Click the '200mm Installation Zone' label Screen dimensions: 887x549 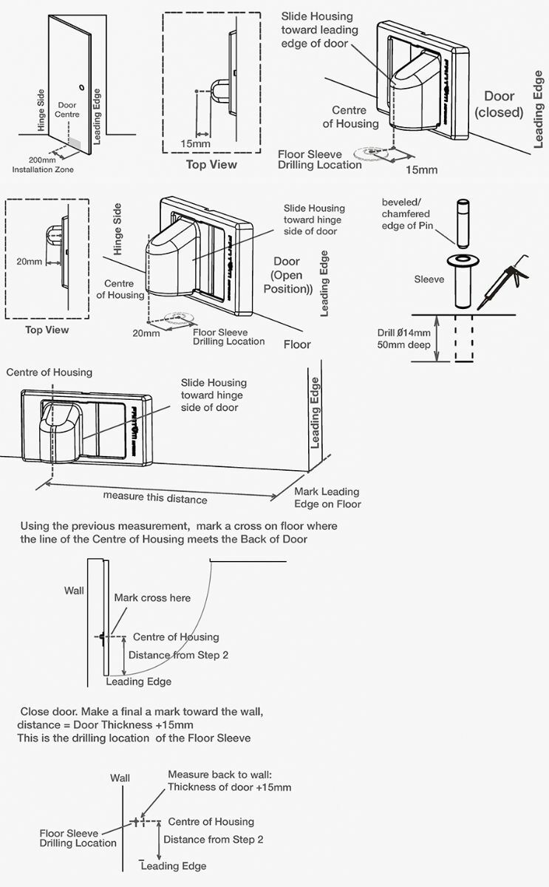coord(43,164)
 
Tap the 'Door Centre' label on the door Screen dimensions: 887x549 coord(67,110)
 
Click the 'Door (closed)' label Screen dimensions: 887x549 coord(499,104)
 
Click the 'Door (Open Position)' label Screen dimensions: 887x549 coord(288,275)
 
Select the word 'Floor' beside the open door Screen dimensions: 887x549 coord(297,344)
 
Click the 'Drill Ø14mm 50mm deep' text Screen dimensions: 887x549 coord(399,339)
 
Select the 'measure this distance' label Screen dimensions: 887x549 coord(155,497)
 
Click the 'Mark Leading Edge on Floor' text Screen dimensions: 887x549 coord(327,497)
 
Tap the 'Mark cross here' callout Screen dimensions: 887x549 coord(151,597)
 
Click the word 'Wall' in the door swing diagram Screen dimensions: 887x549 coord(74,591)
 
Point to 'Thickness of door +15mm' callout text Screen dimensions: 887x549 coord(229,786)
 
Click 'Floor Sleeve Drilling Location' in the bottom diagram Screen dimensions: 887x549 coord(78,838)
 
